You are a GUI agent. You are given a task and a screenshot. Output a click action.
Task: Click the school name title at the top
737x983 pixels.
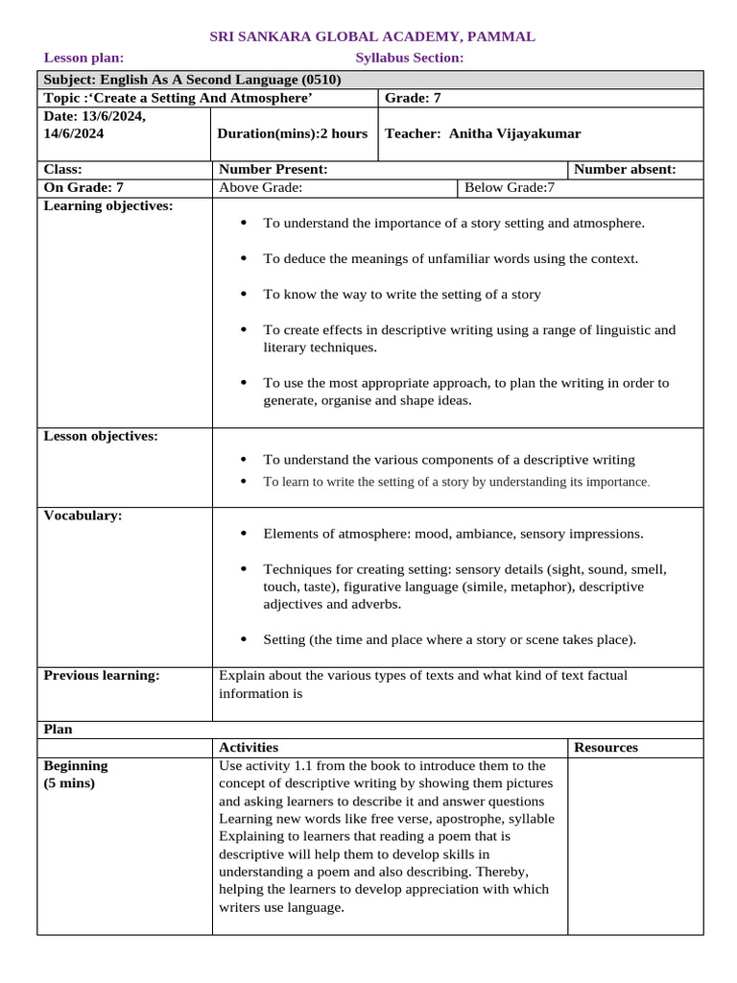click(372, 36)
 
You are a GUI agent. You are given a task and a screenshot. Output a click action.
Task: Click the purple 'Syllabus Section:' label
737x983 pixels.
click(410, 58)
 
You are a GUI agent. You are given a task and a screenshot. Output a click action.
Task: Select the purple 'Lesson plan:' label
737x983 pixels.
click(84, 58)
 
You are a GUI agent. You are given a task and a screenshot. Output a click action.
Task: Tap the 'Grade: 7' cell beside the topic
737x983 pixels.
click(413, 98)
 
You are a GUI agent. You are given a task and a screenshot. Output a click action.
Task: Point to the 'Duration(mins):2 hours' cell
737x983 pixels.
click(293, 133)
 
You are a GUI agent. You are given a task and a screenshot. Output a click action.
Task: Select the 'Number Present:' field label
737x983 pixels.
click(273, 169)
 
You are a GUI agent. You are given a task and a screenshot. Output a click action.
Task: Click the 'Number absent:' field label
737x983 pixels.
click(625, 169)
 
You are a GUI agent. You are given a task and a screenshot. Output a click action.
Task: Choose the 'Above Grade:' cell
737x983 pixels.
click(261, 187)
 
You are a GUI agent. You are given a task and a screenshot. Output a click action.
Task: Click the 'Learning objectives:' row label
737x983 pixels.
click(108, 205)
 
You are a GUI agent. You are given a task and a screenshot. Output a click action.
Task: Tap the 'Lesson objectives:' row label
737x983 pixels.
click(101, 436)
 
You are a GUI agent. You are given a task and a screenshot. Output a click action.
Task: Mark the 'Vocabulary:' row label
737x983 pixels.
click(83, 515)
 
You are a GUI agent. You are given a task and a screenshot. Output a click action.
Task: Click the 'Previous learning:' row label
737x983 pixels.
click(102, 675)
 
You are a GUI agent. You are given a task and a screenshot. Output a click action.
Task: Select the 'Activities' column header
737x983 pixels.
click(249, 747)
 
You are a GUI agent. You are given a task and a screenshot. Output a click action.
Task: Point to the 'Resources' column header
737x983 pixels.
click(606, 747)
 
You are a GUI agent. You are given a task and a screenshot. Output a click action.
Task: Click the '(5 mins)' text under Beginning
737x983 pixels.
click(70, 783)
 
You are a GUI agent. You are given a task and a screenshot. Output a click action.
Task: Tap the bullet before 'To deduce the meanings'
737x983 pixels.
click(243, 258)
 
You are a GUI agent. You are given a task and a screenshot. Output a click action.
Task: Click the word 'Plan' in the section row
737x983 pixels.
click(59, 729)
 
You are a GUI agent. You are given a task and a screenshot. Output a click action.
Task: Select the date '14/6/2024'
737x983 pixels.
click(75, 133)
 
